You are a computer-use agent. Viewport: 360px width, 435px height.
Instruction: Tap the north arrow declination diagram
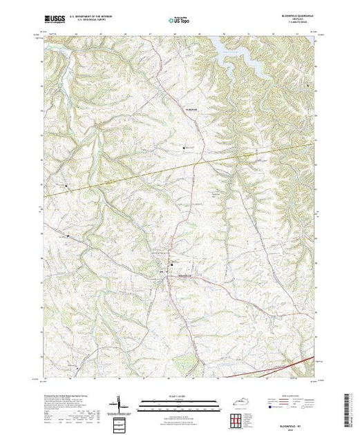[119, 403]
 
